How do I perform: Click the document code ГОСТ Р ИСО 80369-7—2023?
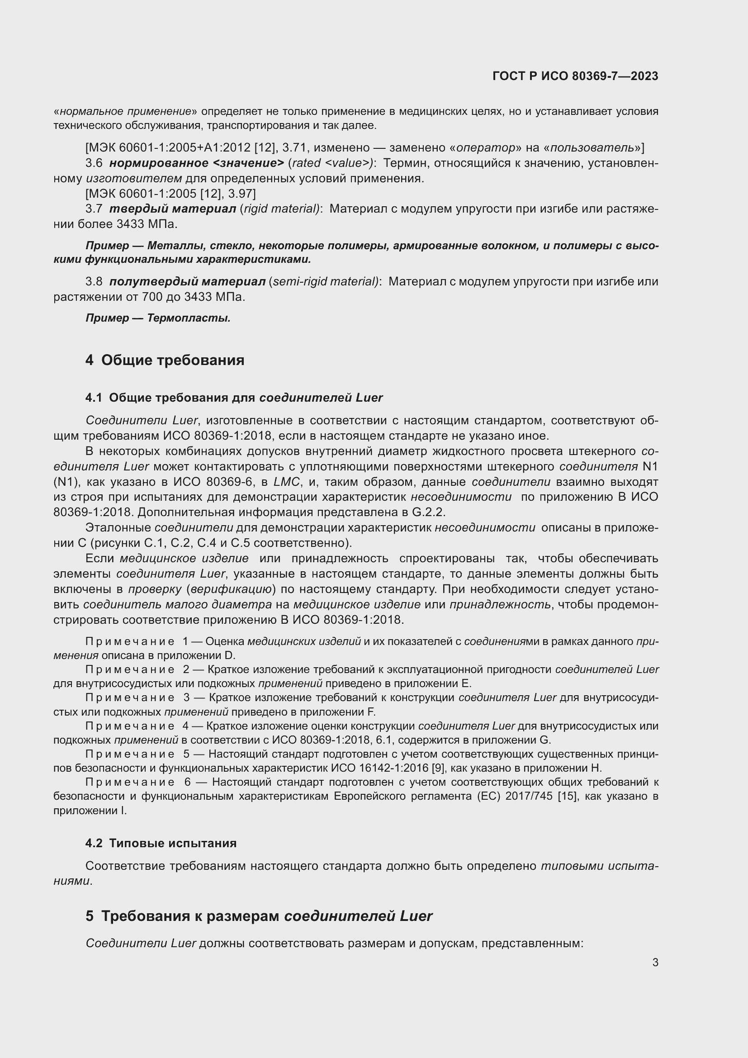[x=575, y=76]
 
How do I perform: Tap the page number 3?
[x=655, y=962]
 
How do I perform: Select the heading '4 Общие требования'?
[x=165, y=360]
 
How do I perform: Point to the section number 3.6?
[x=94, y=163]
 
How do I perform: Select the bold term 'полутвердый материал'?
[x=187, y=281]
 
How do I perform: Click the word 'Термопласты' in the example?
[x=189, y=318]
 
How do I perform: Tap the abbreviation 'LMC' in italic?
[x=286, y=482]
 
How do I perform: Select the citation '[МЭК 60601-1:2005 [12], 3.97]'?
[x=170, y=194]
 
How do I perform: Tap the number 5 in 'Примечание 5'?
[x=186, y=754]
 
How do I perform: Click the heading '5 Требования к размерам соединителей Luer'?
[x=258, y=916]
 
